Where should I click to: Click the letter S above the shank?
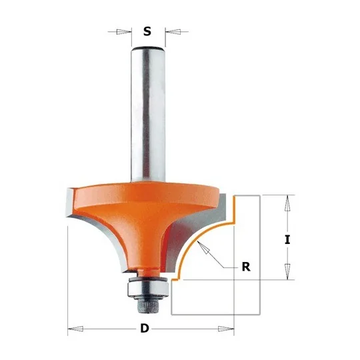click(147, 31)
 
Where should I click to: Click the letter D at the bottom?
click(145, 329)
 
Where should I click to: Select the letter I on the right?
click(287, 240)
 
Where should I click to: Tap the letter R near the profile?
click(246, 267)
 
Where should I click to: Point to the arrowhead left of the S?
click(123, 32)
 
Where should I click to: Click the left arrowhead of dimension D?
click(76, 329)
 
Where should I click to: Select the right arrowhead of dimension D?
click(226, 329)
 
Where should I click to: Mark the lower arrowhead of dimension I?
click(287, 271)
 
